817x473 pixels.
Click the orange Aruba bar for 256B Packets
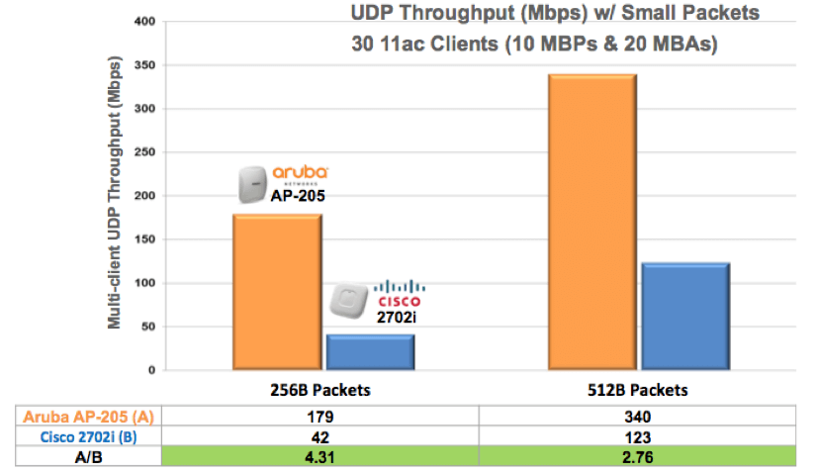(x=276, y=292)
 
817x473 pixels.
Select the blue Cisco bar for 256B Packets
(x=370, y=352)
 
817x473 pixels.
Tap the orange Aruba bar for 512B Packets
(x=591, y=223)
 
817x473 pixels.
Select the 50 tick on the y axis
(x=145, y=327)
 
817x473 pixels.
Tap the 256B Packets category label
(x=322, y=390)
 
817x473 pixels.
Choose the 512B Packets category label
(x=637, y=390)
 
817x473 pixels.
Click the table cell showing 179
(x=321, y=417)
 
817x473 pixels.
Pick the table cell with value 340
(x=637, y=417)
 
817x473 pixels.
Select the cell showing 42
(x=321, y=437)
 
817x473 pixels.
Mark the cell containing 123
(x=637, y=437)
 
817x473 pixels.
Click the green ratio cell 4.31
(x=321, y=458)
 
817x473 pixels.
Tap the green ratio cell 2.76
(x=637, y=458)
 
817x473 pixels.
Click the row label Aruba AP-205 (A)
(x=83, y=417)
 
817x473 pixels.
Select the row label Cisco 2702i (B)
(x=83, y=437)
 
